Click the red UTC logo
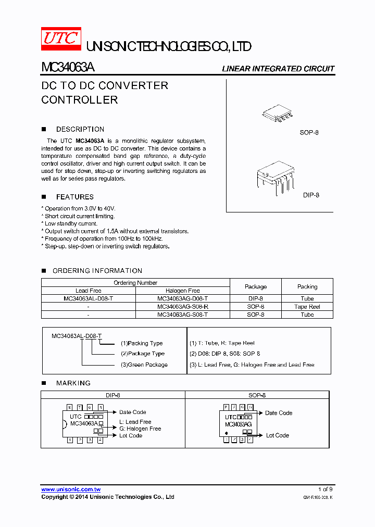tap(61, 39)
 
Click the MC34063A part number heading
tap(68, 68)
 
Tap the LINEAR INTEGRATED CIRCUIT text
tap(278, 69)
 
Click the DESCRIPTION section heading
tap(80, 129)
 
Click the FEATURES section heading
tap(74, 197)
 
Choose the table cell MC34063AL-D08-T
tap(88, 298)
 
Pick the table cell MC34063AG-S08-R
tap(182, 307)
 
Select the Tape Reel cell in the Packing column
tap(307, 307)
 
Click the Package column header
tap(255, 286)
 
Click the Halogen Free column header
tap(182, 291)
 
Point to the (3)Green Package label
tap(144, 365)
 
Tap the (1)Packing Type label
tap(142, 343)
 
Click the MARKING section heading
tap(73, 383)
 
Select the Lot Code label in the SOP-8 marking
tap(277, 435)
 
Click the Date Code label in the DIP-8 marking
tap(132, 412)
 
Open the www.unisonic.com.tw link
tap(71, 490)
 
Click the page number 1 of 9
tap(325, 490)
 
